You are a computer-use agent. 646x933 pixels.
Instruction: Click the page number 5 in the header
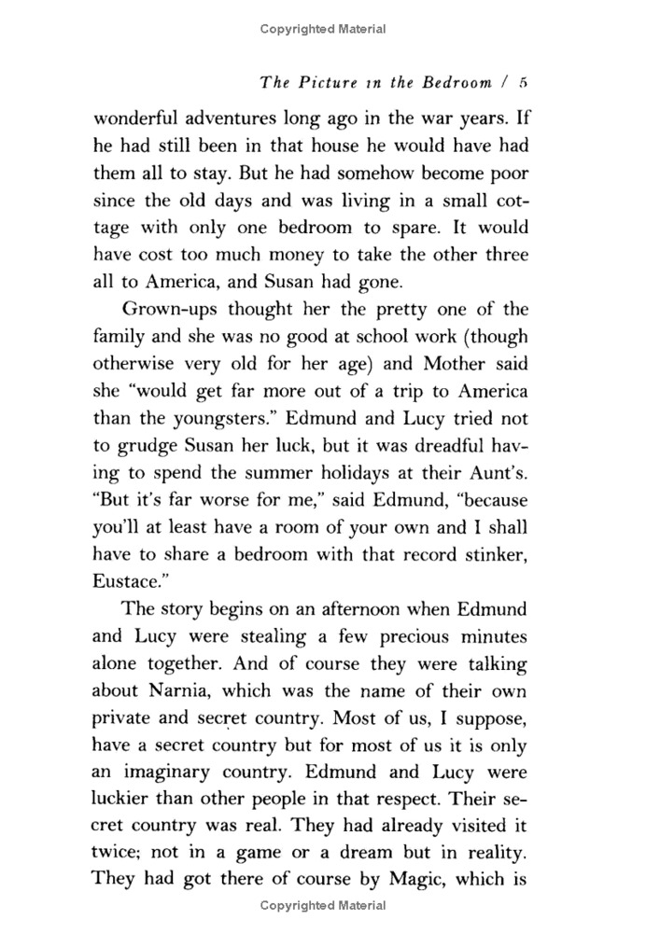526,82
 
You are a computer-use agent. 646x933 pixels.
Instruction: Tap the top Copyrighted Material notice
323,30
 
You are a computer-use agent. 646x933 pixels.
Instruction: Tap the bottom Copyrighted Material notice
323,905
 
